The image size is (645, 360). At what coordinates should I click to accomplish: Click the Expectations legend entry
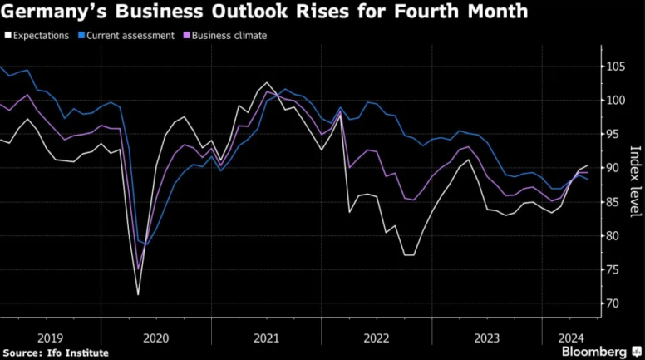[x=41, y=36]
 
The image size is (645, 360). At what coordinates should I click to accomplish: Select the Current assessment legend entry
[x=127, y=36]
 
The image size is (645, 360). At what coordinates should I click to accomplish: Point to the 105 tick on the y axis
[x=616, y=67]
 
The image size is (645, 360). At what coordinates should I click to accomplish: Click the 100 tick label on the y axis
[x=616, y=101]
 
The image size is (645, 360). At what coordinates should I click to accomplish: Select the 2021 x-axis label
[x=266, y=338]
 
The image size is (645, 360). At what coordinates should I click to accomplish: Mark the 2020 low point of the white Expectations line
[x=138, y=294]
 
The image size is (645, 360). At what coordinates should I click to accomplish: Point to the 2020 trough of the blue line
[x=147, y=245]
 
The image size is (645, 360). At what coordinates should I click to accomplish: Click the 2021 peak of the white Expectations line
[x=266, y=83]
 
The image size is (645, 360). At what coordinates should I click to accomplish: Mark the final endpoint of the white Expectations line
[x=588, y=165]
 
